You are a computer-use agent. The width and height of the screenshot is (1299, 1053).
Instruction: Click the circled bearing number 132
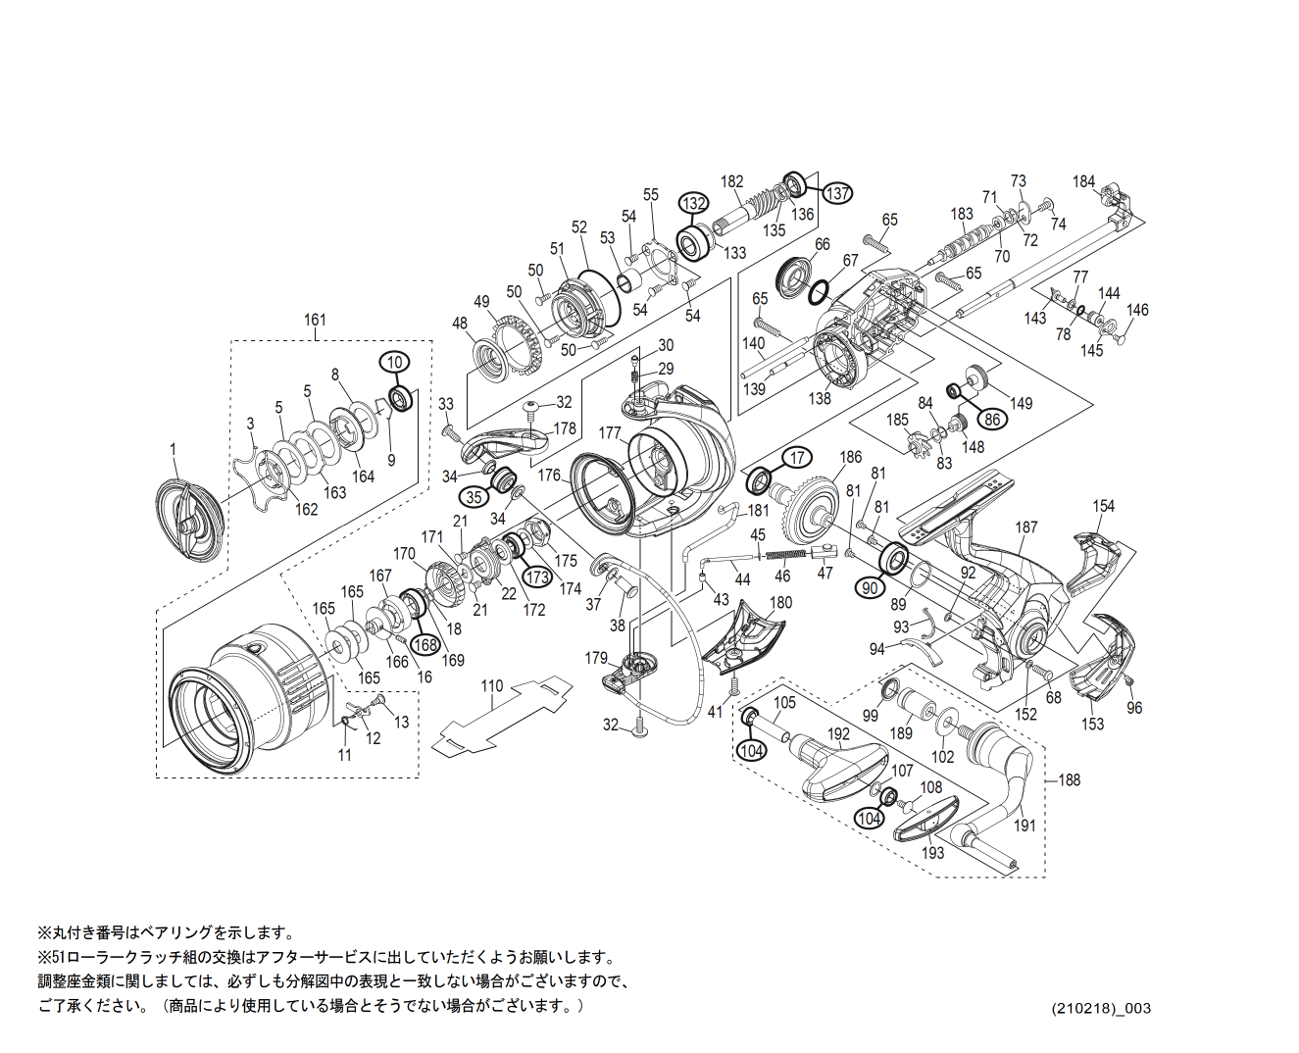pyautogui.click(x=694, y=203)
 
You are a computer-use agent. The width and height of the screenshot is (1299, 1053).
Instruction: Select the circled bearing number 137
pyautogui.click(x=837, y=193)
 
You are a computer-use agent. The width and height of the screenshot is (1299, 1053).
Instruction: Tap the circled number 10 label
pyautogui.click(x=394, y=362)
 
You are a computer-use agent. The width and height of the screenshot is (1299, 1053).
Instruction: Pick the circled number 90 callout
pyautogui.click(x=870, y=587)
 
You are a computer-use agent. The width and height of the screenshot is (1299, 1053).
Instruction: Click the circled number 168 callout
pyautogui.click(x=425, y=644)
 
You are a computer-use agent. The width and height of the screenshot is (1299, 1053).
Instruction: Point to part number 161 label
pyautogui.click(x=315, y=320)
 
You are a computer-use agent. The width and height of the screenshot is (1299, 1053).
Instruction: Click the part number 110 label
pyautogui.click(x=491, y=686)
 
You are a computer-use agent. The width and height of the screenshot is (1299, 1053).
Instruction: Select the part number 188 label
pyautogui.click(x=1069, y=779)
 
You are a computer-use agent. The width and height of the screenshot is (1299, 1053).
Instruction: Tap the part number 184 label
pyautogui.click(x=1083, y=181)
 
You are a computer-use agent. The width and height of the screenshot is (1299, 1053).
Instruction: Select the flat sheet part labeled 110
pyautogui.click(x=500, y=719)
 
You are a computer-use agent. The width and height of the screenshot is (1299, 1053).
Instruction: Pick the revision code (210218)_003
pyautogui.click(x=1101, y=1008)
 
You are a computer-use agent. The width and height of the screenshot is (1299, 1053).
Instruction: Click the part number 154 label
pyautogui.click(x=1104, y=506)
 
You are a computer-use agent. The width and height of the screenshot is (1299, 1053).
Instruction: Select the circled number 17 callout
pyautogui.click(x=797, y=458)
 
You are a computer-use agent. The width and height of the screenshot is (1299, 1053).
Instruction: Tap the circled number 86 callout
pyautogui.click(x=992, y=419)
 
